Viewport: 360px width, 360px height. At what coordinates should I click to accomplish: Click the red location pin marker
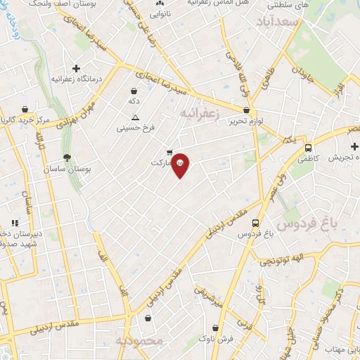coord(180,164)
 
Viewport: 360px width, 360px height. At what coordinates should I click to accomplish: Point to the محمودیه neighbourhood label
coord(139,341)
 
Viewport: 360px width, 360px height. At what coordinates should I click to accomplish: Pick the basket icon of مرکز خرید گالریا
coord(25,110)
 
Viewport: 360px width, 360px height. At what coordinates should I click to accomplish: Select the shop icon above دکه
coord(134,91)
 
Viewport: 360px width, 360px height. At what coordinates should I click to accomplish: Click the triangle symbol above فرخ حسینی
coord(135,117)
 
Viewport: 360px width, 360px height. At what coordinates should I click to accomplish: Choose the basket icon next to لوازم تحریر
coord(245,110)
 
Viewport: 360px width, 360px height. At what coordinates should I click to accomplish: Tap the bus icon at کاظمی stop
coord(308,148)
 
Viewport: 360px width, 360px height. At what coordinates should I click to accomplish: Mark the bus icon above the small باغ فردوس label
coord(256,223)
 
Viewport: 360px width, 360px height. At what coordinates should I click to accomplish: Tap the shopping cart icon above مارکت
coord(169,152)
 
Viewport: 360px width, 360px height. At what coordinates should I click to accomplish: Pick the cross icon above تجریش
coord(354,146)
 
